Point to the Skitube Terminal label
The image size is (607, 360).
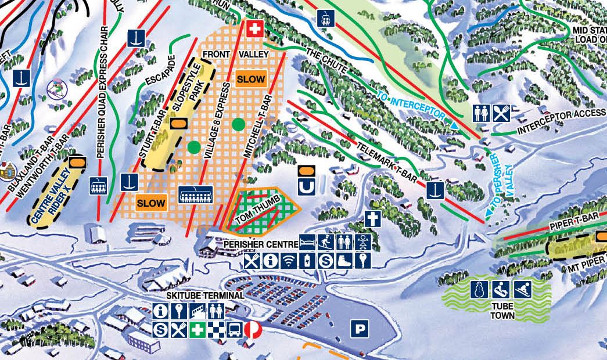pos(197,296)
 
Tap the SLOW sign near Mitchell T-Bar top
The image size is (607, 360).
pos(251,79)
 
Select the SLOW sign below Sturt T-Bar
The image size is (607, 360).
pos(152,203)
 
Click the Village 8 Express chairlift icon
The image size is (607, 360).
pos(196,195)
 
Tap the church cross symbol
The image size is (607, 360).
pos(372,219)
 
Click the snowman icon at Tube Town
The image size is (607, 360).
pos(480,289)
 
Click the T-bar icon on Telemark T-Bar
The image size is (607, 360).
pos(436,190)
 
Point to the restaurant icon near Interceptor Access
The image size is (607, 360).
pos(501,113)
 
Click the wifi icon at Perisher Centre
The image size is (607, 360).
pos(288,261)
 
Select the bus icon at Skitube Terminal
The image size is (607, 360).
pos(235,329)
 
